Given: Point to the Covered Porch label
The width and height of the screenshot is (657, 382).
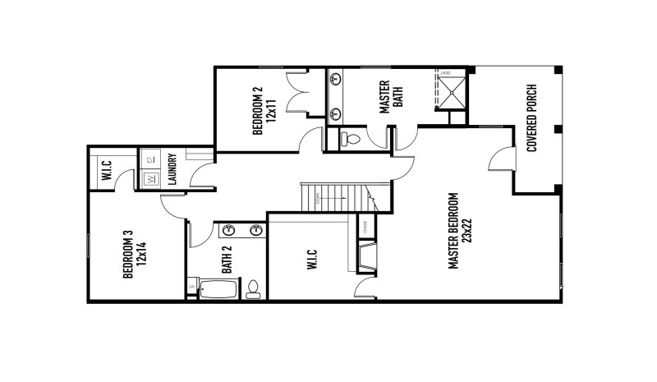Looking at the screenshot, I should click(532, 119).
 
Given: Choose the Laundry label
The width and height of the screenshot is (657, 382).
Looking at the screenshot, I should click(172, 170).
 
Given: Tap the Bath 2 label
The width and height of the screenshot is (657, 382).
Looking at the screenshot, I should click(227, 260).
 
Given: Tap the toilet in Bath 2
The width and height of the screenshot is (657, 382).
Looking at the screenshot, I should click(254, 288).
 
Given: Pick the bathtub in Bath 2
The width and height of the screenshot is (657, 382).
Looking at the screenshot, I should click(217, 288).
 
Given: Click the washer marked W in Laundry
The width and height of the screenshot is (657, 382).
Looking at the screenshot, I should click(151, 177).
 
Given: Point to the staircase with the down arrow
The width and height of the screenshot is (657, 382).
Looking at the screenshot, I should click(337, 196).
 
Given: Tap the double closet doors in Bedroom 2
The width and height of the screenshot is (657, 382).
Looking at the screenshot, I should click(296, 91).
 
